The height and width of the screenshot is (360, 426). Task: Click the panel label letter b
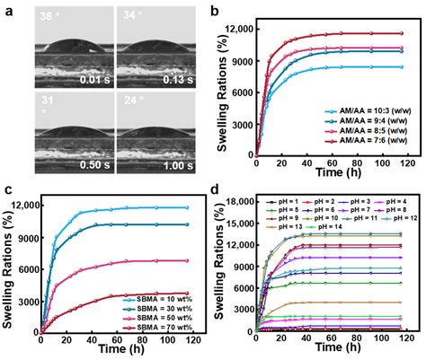pos(219,12)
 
